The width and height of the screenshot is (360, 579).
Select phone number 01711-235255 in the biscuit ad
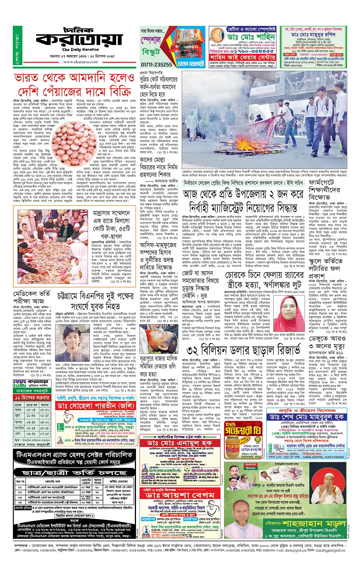click(156, 65)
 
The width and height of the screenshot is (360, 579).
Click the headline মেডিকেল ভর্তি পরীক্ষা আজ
click(32, 297)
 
